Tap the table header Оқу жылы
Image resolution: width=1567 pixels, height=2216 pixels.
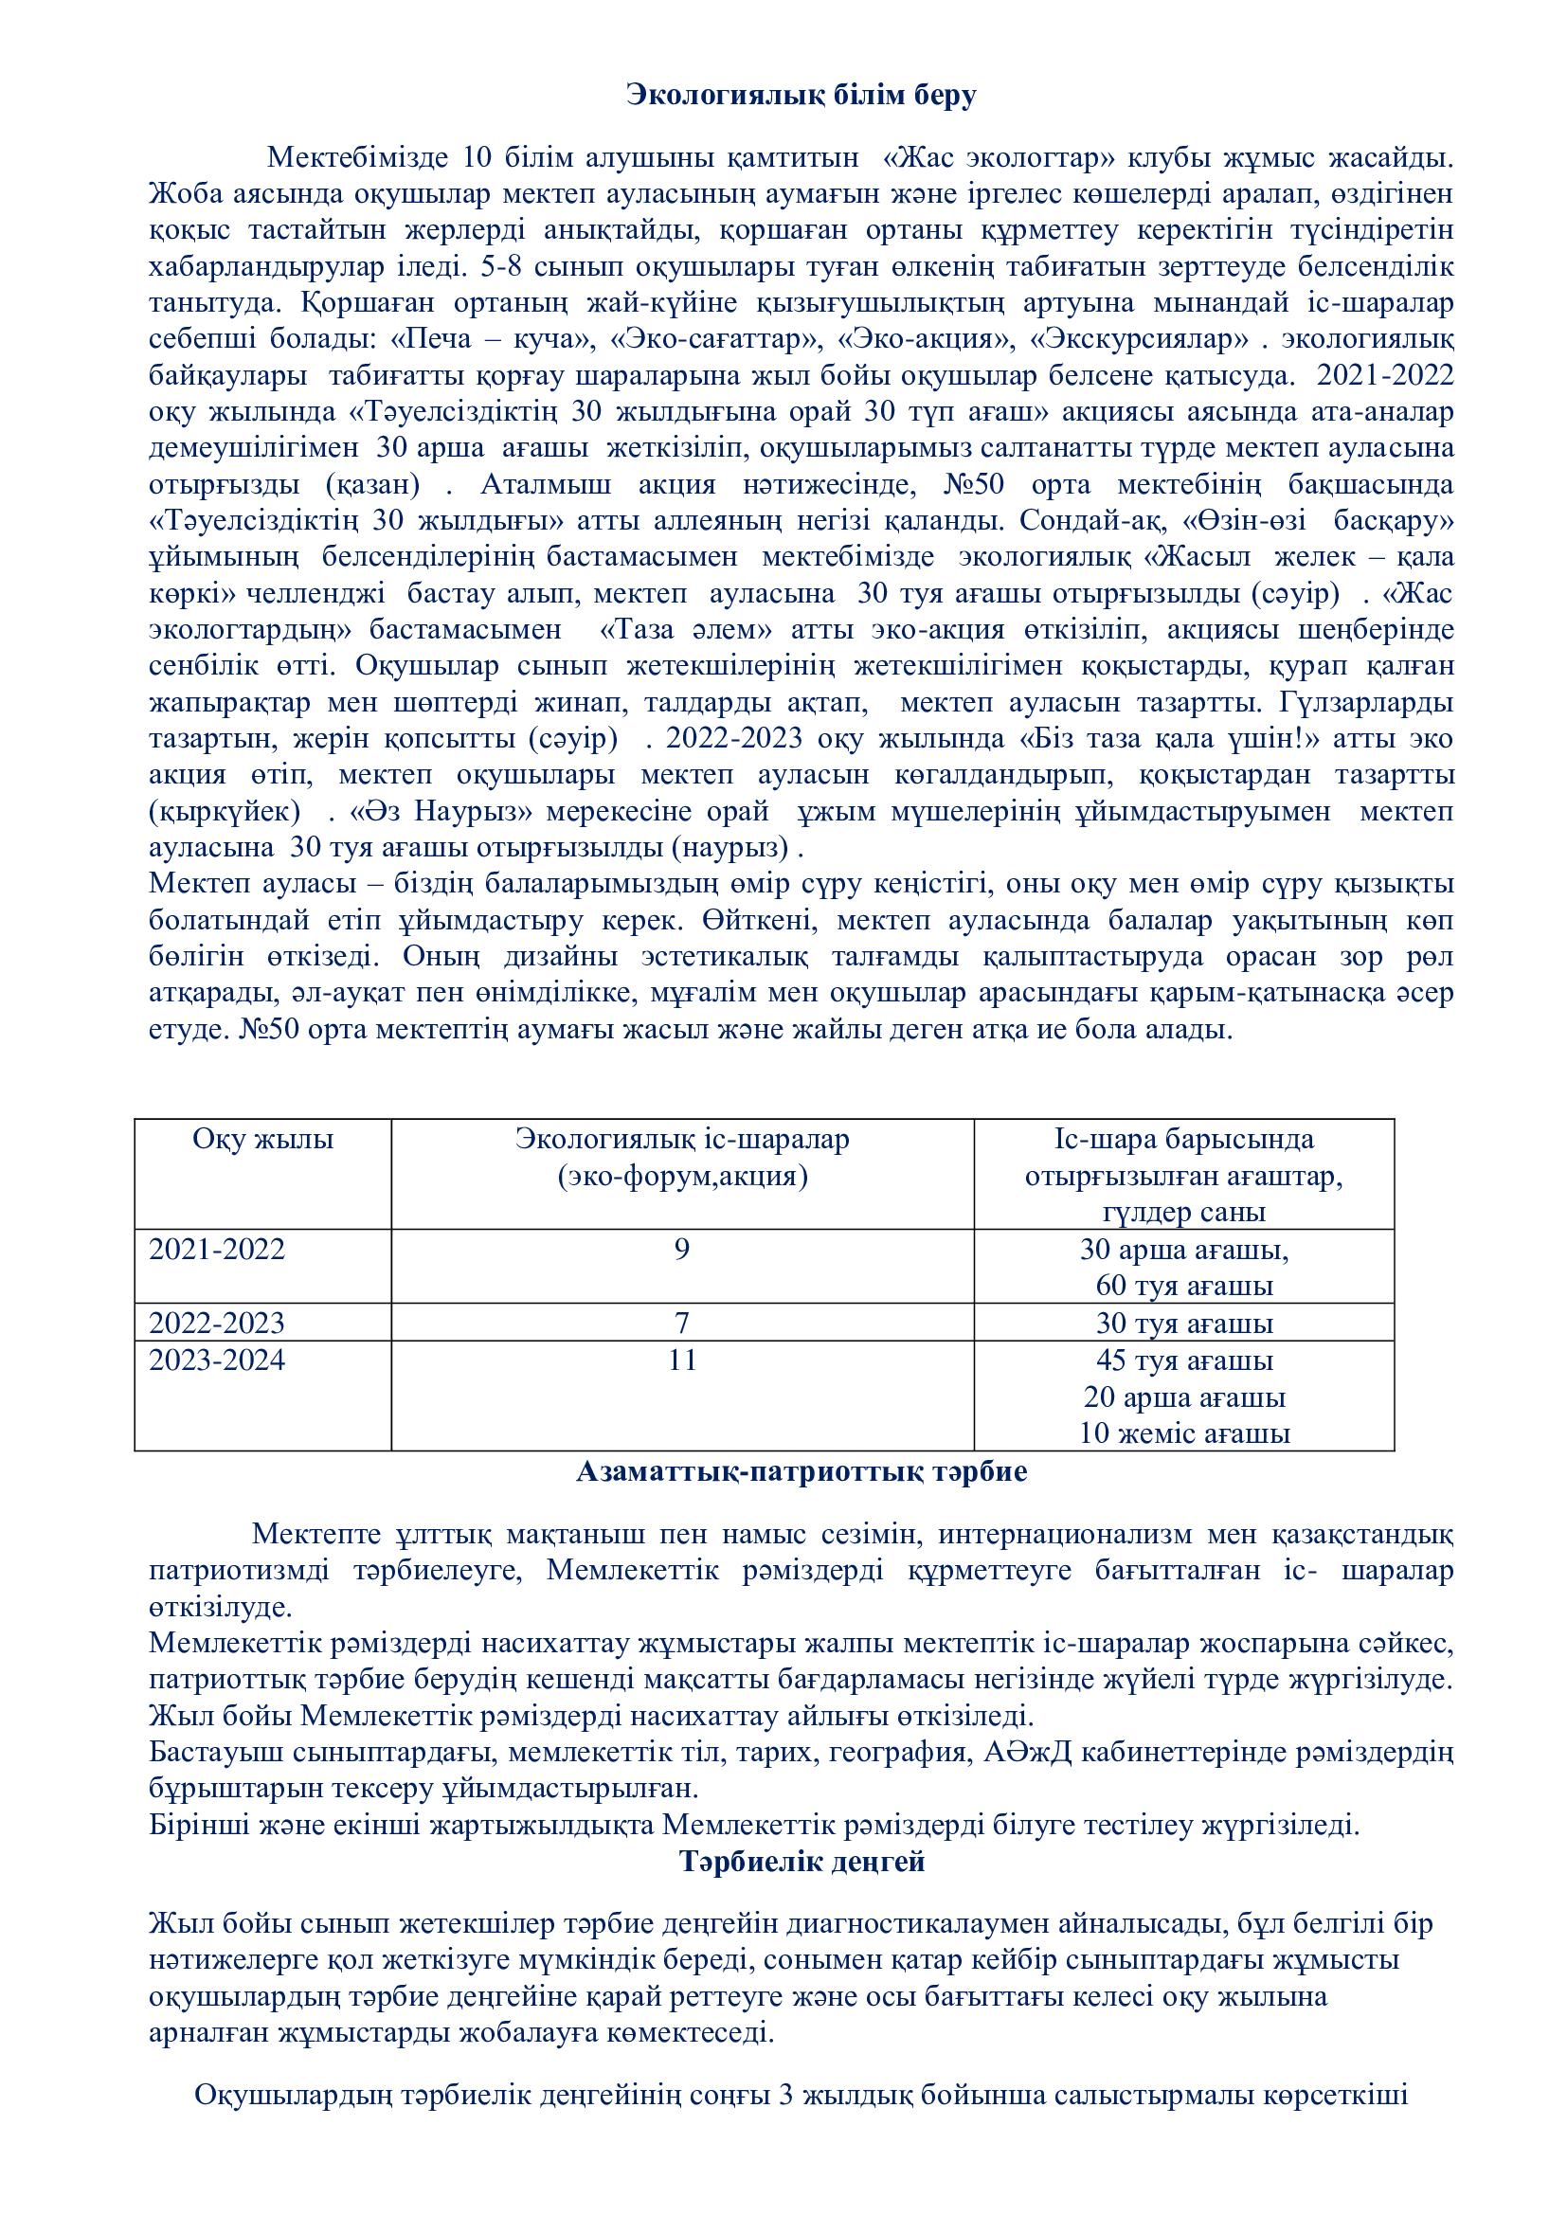[262, 1140]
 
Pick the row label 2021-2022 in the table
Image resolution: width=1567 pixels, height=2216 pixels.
[217, 1250]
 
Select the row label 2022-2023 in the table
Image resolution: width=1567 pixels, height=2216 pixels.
[217, 1323]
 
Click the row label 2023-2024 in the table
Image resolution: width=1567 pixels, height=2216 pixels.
[217, 1360]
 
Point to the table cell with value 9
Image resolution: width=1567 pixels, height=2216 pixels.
[682, 1250]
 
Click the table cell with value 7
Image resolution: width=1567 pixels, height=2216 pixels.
[682, 1323]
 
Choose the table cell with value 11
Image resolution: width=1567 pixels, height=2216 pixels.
[682, 1360]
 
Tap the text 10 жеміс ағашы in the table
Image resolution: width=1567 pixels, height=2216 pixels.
[1184, 1433]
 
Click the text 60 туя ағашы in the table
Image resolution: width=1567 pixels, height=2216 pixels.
[1184, 1287]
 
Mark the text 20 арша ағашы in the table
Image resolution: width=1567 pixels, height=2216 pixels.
[1184, 1396]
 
